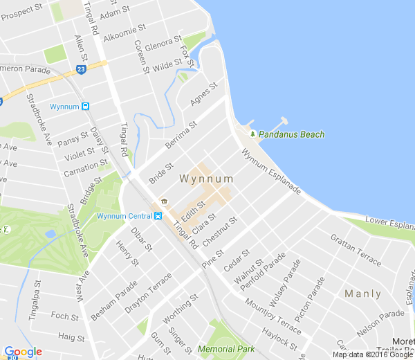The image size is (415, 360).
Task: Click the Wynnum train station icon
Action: point(85,107)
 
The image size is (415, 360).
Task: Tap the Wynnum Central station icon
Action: point(158,215)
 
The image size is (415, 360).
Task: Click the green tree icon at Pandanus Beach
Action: point(253,134)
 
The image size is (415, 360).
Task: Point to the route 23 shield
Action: point(81,69)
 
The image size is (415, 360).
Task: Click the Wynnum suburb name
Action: point(206,179)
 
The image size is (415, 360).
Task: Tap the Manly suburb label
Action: point(362,294)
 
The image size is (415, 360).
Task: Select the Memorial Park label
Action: point(226,349)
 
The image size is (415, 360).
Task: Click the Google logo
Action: point(23,352)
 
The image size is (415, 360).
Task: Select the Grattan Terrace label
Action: point(356,250)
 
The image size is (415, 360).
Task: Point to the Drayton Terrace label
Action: point(148,288)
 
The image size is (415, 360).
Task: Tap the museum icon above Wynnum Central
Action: point(164,201)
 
